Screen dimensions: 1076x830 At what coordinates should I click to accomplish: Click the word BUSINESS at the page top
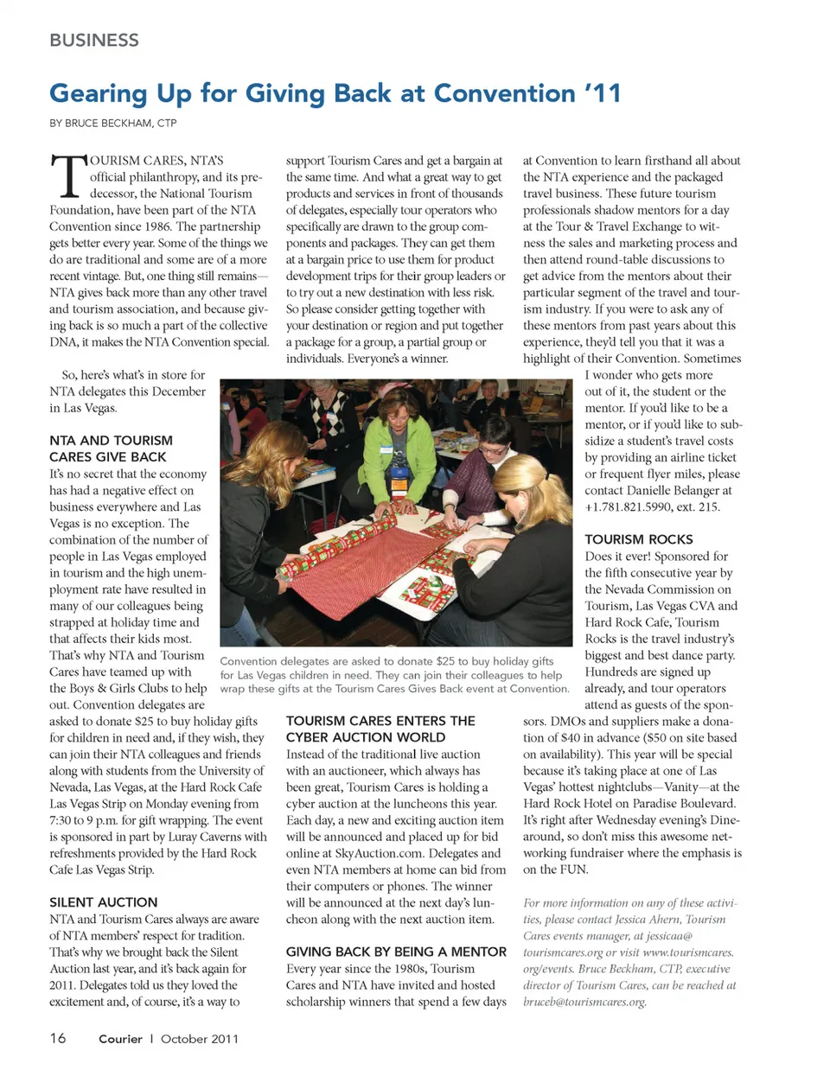tap(93, 40)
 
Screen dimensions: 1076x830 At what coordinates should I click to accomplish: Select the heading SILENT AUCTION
tap(104, 901)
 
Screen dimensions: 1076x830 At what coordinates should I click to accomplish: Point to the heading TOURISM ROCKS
tap(638, 538)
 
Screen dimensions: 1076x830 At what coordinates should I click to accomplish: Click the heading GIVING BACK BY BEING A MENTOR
tap(396, 952)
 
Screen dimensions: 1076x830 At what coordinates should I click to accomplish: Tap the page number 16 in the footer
tap(58, 1038)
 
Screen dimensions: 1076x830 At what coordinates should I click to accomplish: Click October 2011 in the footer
tap(199, 1039)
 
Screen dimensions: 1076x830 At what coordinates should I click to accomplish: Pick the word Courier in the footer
tap(120, 1039)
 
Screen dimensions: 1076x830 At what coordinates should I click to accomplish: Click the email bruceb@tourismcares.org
tap(584, 1002)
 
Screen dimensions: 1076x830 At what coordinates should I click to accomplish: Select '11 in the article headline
tap(602, 92)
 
